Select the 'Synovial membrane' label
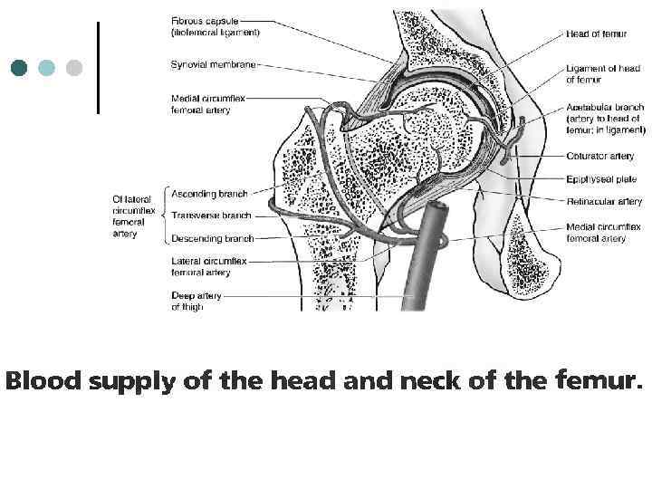pos(213,64)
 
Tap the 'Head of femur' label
pos(596,34)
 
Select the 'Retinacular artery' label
pos(604,202)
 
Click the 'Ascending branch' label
pos(209,194)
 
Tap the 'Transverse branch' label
pos(211,216)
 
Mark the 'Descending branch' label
pos(212,238)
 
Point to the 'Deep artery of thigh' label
pos(196,302)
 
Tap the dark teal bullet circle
pos(19,68)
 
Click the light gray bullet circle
pos(73,68)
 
